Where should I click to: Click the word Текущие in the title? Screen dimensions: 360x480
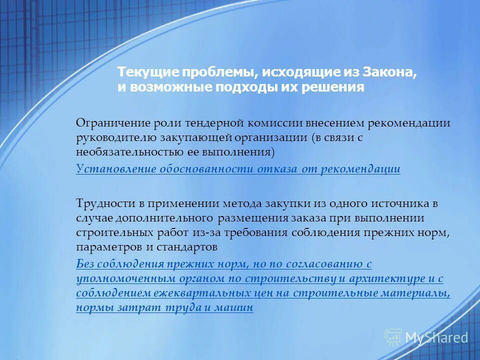pos(141,72)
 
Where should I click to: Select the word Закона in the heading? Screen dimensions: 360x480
pos(394,72)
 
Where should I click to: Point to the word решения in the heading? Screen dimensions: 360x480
pos(334,87)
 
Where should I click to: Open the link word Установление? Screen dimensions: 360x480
pos(115,169)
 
